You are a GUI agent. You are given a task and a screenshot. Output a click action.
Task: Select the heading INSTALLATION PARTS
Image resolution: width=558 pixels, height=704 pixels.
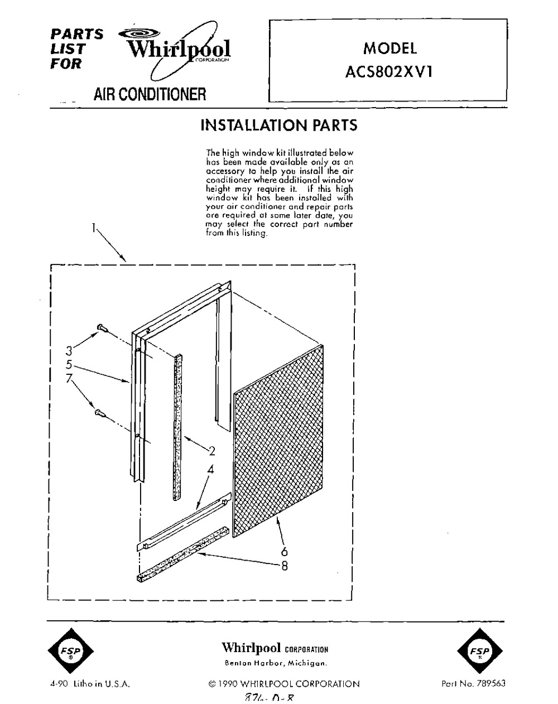click(278, 125)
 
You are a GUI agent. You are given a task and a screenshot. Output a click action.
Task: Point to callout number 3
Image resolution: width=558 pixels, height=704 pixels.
click(69, 351)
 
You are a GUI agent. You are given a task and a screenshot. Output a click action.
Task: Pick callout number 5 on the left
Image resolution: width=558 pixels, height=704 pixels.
click(69, 365)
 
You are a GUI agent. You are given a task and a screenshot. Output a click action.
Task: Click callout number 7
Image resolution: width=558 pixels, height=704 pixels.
click(69, 379)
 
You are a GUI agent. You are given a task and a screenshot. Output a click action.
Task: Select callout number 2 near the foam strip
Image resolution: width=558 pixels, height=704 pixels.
click(211, 451)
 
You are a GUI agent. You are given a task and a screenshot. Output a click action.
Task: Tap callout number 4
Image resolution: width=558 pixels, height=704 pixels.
click(210, 470)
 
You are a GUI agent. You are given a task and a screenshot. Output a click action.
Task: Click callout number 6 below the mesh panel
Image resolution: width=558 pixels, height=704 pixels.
click(284, 552)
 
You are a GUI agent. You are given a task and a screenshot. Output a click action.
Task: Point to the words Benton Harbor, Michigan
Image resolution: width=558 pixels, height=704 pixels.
click(275, 663)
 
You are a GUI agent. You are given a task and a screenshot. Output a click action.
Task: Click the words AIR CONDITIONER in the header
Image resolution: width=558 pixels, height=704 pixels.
click(150, 94)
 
